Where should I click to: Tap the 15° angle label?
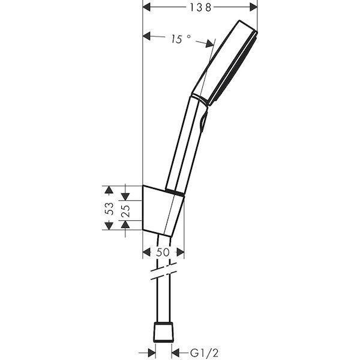(x=179, y=40)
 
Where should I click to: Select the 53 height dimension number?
(x=109, y=208)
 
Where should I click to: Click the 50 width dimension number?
(x=163, y=253)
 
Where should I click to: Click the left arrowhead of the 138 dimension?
(x=148, y=7)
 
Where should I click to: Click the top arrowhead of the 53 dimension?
(x=109, y=190)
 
